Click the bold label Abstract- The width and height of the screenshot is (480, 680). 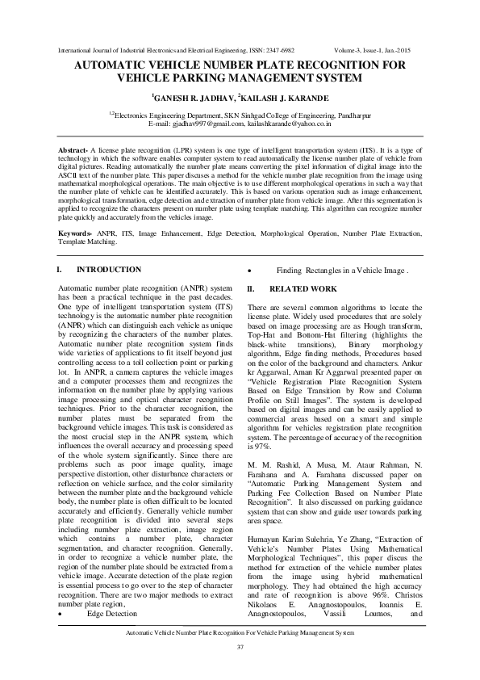[x=77, y=151]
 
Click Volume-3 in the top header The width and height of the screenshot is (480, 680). [x=349, y=49]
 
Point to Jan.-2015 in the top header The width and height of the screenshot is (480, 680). [x=405, y=49]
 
